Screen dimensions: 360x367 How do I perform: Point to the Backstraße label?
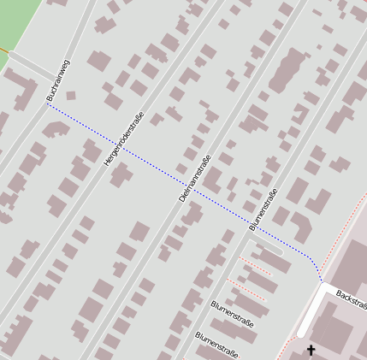click(x=351, y=300)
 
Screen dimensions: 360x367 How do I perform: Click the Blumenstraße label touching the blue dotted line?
click(x=264, y=210)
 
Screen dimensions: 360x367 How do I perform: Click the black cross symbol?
click(x=311, y=351)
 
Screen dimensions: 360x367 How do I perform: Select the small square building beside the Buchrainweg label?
click(x=71, y=95)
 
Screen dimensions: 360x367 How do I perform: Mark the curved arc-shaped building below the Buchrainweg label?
click(x=55, y=129)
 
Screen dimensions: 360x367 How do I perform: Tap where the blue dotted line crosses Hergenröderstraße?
click(x=120, y=147)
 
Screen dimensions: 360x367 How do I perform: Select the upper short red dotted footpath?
click(x=255, y=265)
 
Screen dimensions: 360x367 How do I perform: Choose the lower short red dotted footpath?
click(x=246, y=290)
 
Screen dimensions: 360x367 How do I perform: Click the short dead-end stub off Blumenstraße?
click(x=270, y=247)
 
